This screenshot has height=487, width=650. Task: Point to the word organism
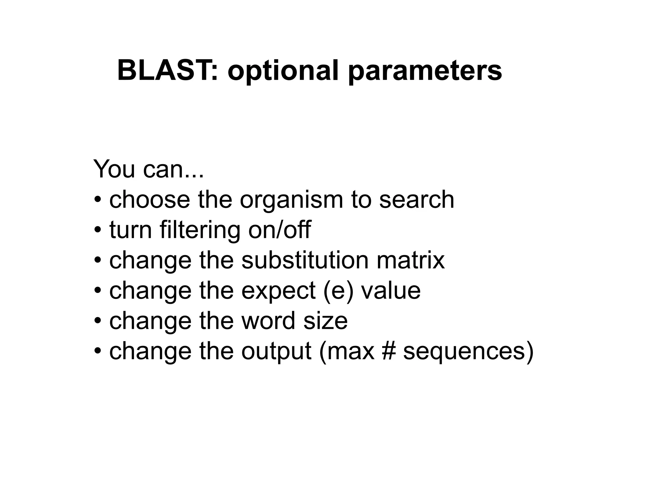coord(291,200)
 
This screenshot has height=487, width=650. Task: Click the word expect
coord(278,291)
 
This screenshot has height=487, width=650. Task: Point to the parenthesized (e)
coord(338,291)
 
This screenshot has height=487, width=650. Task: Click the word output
coord(276,352)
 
